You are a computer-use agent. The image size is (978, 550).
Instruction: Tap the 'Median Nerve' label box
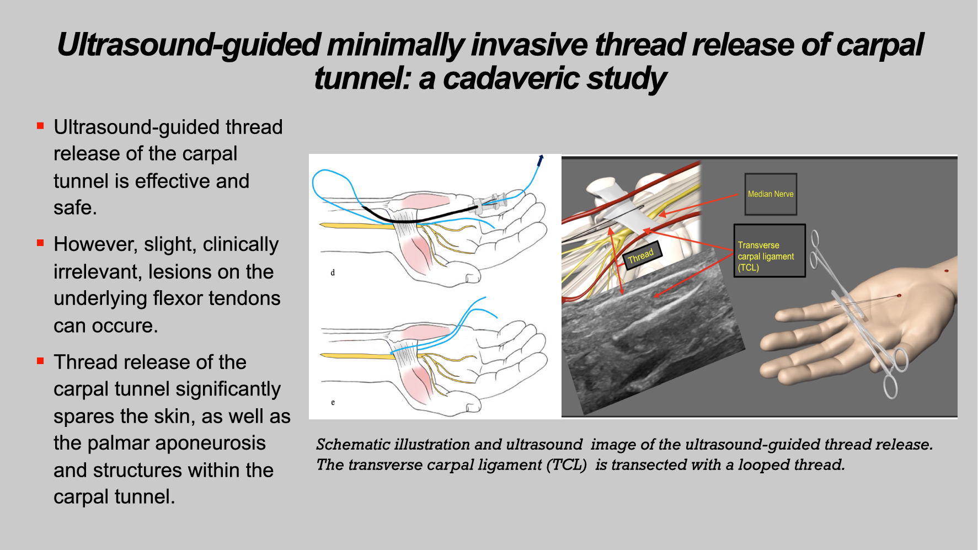coord(771,194)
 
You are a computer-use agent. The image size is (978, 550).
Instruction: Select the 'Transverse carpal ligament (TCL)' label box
coord(769,250)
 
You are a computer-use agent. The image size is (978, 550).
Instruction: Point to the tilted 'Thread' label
coord(641,256)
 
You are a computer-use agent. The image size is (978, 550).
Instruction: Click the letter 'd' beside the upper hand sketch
coord(333,273)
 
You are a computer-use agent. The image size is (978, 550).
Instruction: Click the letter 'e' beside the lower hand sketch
coord(333,403)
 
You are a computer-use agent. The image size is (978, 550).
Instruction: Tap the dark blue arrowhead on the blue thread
coord(541,160)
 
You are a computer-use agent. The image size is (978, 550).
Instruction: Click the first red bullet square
coord(40,126)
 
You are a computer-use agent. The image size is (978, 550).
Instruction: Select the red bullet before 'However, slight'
coord(40,243)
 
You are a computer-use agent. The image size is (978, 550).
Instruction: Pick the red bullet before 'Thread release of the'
coord(40,361)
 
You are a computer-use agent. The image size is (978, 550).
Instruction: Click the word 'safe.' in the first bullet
coord(75,207)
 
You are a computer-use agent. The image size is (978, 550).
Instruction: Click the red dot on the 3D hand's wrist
coord(947,271)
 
